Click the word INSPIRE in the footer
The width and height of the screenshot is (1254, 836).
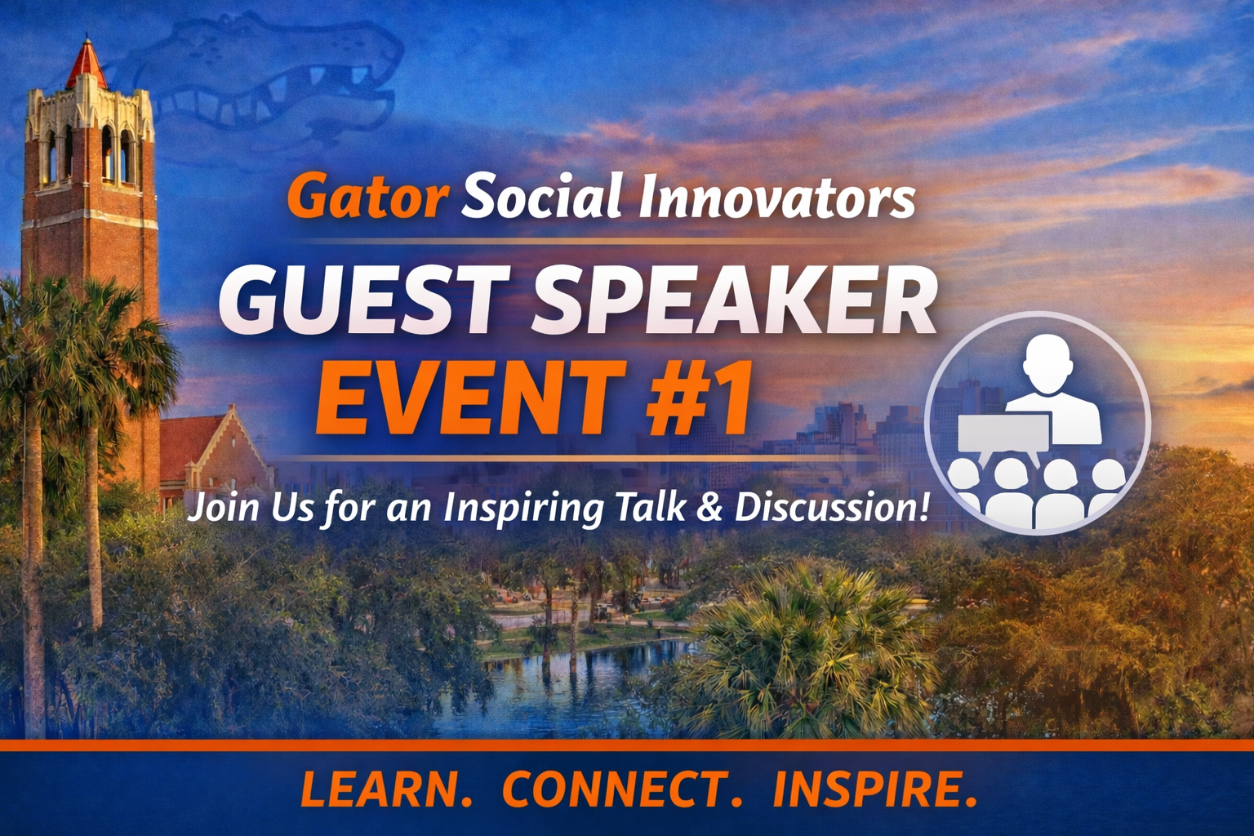(874, 789)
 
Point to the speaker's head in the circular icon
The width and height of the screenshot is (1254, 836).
(1047, 363)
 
